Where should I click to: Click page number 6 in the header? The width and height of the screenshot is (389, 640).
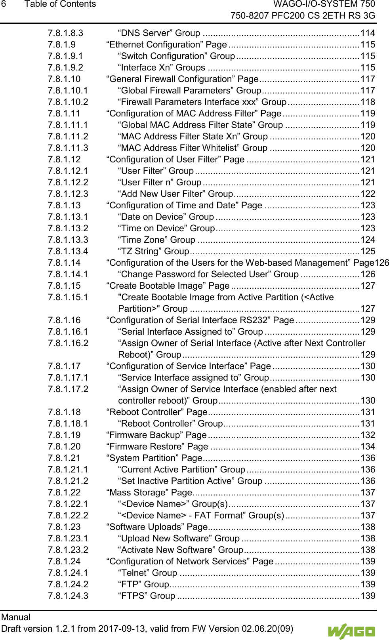(4, 4)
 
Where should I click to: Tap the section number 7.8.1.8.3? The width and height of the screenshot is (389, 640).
(65, 33)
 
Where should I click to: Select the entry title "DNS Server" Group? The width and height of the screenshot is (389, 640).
(159, 33)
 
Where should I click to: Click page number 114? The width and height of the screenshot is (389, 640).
(368, 33)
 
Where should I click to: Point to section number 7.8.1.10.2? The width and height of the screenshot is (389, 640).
(68, 102)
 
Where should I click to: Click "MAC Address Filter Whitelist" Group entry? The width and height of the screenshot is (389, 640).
(193, 148)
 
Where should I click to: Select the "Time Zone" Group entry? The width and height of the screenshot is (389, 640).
(156, 240)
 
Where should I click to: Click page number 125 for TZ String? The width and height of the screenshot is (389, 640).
(368, 251)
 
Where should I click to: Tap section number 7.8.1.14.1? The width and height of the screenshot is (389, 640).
(68, 274)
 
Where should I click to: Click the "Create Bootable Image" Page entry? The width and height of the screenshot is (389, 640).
(168, 286)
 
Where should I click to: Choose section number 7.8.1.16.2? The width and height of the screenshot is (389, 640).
(68, 343)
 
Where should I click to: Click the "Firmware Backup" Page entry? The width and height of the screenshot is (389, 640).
(156, 435)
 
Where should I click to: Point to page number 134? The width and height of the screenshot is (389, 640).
(368, 447)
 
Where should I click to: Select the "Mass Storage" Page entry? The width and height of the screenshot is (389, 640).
(149, 493)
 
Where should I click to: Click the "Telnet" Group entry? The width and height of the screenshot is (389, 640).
(147, 573)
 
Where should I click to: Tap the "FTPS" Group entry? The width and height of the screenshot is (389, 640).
(147, 596)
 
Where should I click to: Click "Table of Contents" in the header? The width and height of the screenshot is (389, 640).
(60, 4)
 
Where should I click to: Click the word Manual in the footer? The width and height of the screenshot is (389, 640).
(16, 617)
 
